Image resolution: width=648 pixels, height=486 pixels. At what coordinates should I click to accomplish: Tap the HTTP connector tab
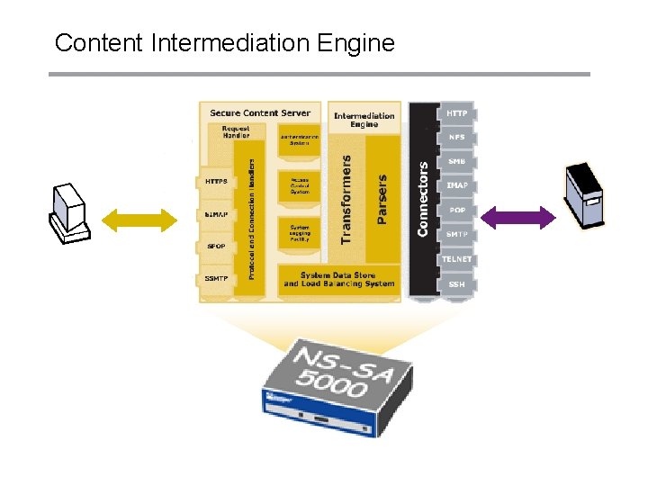coord(457,113)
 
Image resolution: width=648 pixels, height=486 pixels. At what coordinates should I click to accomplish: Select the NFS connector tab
coord(457,138)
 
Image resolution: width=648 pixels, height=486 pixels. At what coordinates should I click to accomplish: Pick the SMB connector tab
coord(457,162)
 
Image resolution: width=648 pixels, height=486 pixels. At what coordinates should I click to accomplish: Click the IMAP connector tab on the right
coord(457,186)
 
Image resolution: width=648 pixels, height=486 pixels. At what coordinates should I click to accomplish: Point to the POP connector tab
coord(457,211)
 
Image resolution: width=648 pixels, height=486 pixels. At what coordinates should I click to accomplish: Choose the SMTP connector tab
coord(457,235)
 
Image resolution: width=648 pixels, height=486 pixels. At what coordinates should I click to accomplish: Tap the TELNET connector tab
coord(456,259)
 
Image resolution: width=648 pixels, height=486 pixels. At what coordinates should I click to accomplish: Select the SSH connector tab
coord(457,284)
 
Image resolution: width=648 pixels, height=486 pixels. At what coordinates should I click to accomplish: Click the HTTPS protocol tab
coord(216,182)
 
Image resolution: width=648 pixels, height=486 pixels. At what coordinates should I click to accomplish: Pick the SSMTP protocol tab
coord(216,279)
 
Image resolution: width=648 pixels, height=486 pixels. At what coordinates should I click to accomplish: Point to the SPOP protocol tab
coord(216,246)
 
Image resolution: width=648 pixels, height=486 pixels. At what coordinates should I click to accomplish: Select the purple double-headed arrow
coord(519,217)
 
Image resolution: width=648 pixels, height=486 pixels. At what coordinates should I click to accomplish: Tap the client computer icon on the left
coord(69,214)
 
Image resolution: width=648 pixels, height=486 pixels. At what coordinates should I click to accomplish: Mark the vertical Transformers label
coord(346,198)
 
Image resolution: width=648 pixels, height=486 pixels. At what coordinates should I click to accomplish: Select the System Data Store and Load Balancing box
coord(338,279)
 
